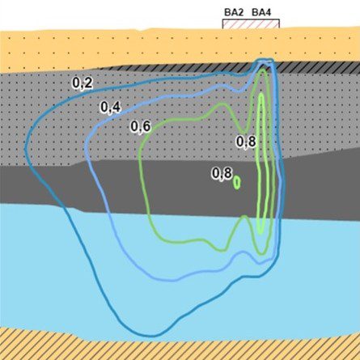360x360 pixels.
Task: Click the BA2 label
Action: pyautogui.click(x=234, y=13)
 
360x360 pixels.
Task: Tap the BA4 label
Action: pyautogui.click(x=261, y=13)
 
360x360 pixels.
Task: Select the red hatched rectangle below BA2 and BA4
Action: pyautogui.click(x=251, y=23)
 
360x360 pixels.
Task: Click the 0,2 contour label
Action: pyautogui.click(x=83, y=83)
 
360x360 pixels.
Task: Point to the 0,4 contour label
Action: pyautogui.click(x=111, y=107)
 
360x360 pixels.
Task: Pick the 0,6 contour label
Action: pyautogui.click(x=141, y=126)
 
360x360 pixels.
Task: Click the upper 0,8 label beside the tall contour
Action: pyautogui.click(x=246, y=142)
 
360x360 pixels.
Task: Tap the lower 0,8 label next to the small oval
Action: pyautogui.click(x=222, y=173)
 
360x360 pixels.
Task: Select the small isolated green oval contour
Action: pyautogui.click(x=237, y=183)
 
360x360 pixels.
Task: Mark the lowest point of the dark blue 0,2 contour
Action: pyautogui.click(x=152, y=336)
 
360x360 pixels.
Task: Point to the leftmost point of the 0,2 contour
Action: pyautogui.click(x=25, y=148)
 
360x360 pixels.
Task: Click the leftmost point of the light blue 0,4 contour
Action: pyautogui.click(x=86, y=146)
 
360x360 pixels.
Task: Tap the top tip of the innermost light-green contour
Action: pyautogui.click(x=260, y=94)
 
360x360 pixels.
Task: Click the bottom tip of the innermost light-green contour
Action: pyautogui.click(x=260, y=234)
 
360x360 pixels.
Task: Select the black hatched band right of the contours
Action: pyautogui.click(x=318, y=67)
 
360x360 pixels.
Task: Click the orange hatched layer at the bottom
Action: pyautogui.click(x=180, y=348)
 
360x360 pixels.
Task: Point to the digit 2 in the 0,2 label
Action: pyautogui.click(x=88, y=83)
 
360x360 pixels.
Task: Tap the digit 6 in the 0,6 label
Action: pyautogui.click(x=146, y=126)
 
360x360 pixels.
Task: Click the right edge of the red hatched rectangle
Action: pyautogui.click(x=279, y=23)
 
